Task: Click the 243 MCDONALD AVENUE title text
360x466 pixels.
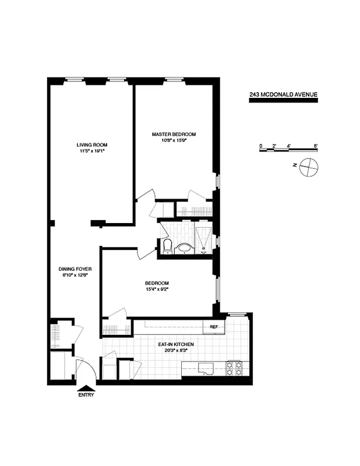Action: pyautogui.click(x=283, y=94)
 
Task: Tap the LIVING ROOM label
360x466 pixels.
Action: pyautogui.click(x=92, y=144)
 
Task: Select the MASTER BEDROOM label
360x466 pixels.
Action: pyautogui.click(x=174, y=134)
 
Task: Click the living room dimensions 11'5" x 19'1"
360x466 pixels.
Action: pyautogui.click(x=92, y=151)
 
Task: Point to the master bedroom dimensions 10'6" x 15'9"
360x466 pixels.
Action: pyautogui.click(x=174, y=140)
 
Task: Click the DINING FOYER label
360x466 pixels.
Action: pyautogui.click(x=73, y=269)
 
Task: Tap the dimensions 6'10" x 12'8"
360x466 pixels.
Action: pyautogui.click(x=73, y=276)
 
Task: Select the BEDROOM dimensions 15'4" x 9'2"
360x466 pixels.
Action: pyautogui.click(x=157, y=290)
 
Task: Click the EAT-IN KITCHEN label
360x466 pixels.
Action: pyautogui.click(x=175, y=344)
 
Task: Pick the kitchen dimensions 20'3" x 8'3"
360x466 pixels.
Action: pyautogui.click(x=175, y=351)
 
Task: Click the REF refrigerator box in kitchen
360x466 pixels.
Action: pyautogui.click(x=214, y=327)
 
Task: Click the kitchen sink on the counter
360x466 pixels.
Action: pyautogui.click(x=204, y=368)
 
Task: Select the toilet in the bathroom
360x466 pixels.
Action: pyautogui.click(x=166, y=246)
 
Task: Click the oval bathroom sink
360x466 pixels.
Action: pyautogui.click(x=185, y=249)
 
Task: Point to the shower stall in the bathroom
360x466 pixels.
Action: pyautogui.click(x=203, y=239)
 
